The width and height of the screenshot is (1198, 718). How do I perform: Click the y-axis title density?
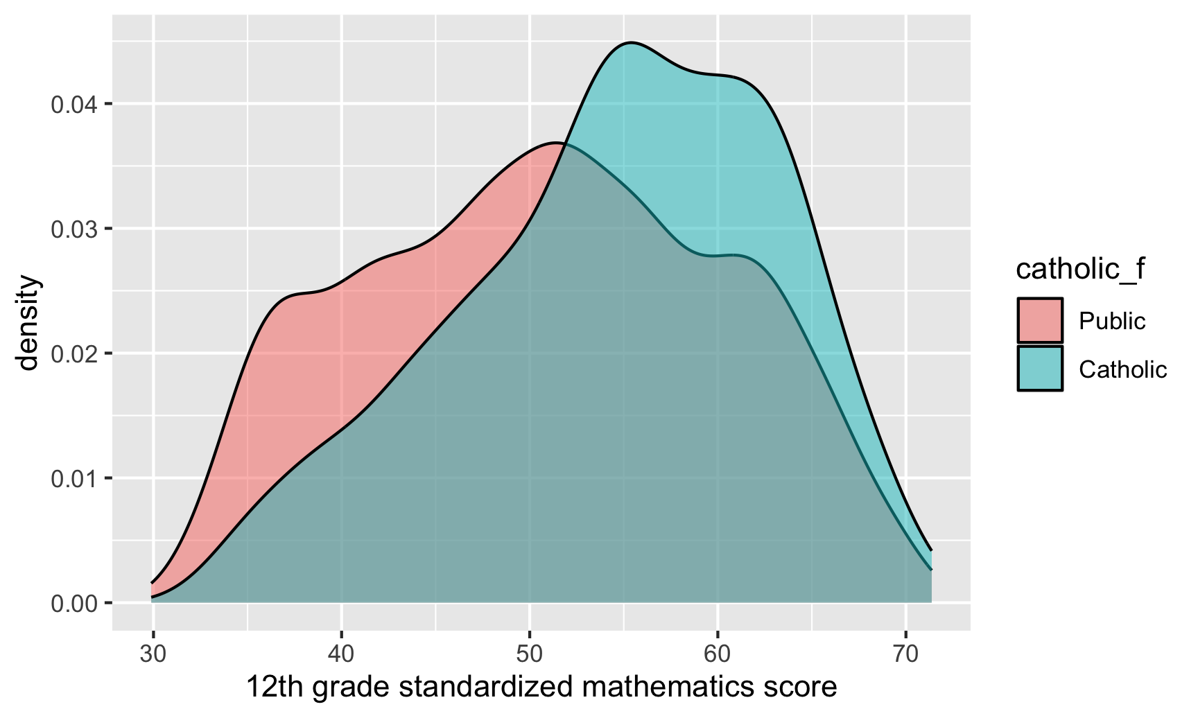click(x=29, y=323)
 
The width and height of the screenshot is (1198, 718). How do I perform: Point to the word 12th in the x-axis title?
click(x=275, y=688)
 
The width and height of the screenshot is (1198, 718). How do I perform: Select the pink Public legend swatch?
click(x=1040, y=320)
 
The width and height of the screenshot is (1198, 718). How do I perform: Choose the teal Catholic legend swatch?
click(x=1040, y=369)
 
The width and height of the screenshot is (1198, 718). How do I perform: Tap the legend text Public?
click(x=1112, y=321)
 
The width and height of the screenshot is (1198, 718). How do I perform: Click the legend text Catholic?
click(x=1122, y=369)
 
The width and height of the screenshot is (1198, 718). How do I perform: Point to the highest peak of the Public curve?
click(x=555, y=143)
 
